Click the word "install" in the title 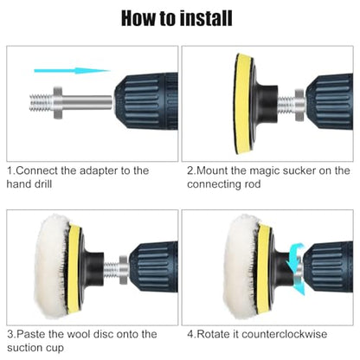pyautogui.click(x=206, y=18)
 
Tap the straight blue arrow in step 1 pyautogui.click(x=72, y=70)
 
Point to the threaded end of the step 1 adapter pyautogui.click(x=41, y=103)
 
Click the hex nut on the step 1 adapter pyautogui.click(x=57, y=102)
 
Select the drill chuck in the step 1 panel pyautogui.click(x=146, y=101)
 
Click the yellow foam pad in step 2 pyautogui.click(x=241, y=103)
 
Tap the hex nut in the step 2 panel pyautogui.click(x=299, y=105)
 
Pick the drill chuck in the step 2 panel pyautogui.click(x=330, y=102)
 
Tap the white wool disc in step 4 pyautogui.click(x=240, y=267)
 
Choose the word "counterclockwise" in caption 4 pyautogui.click(x=285, y=334)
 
